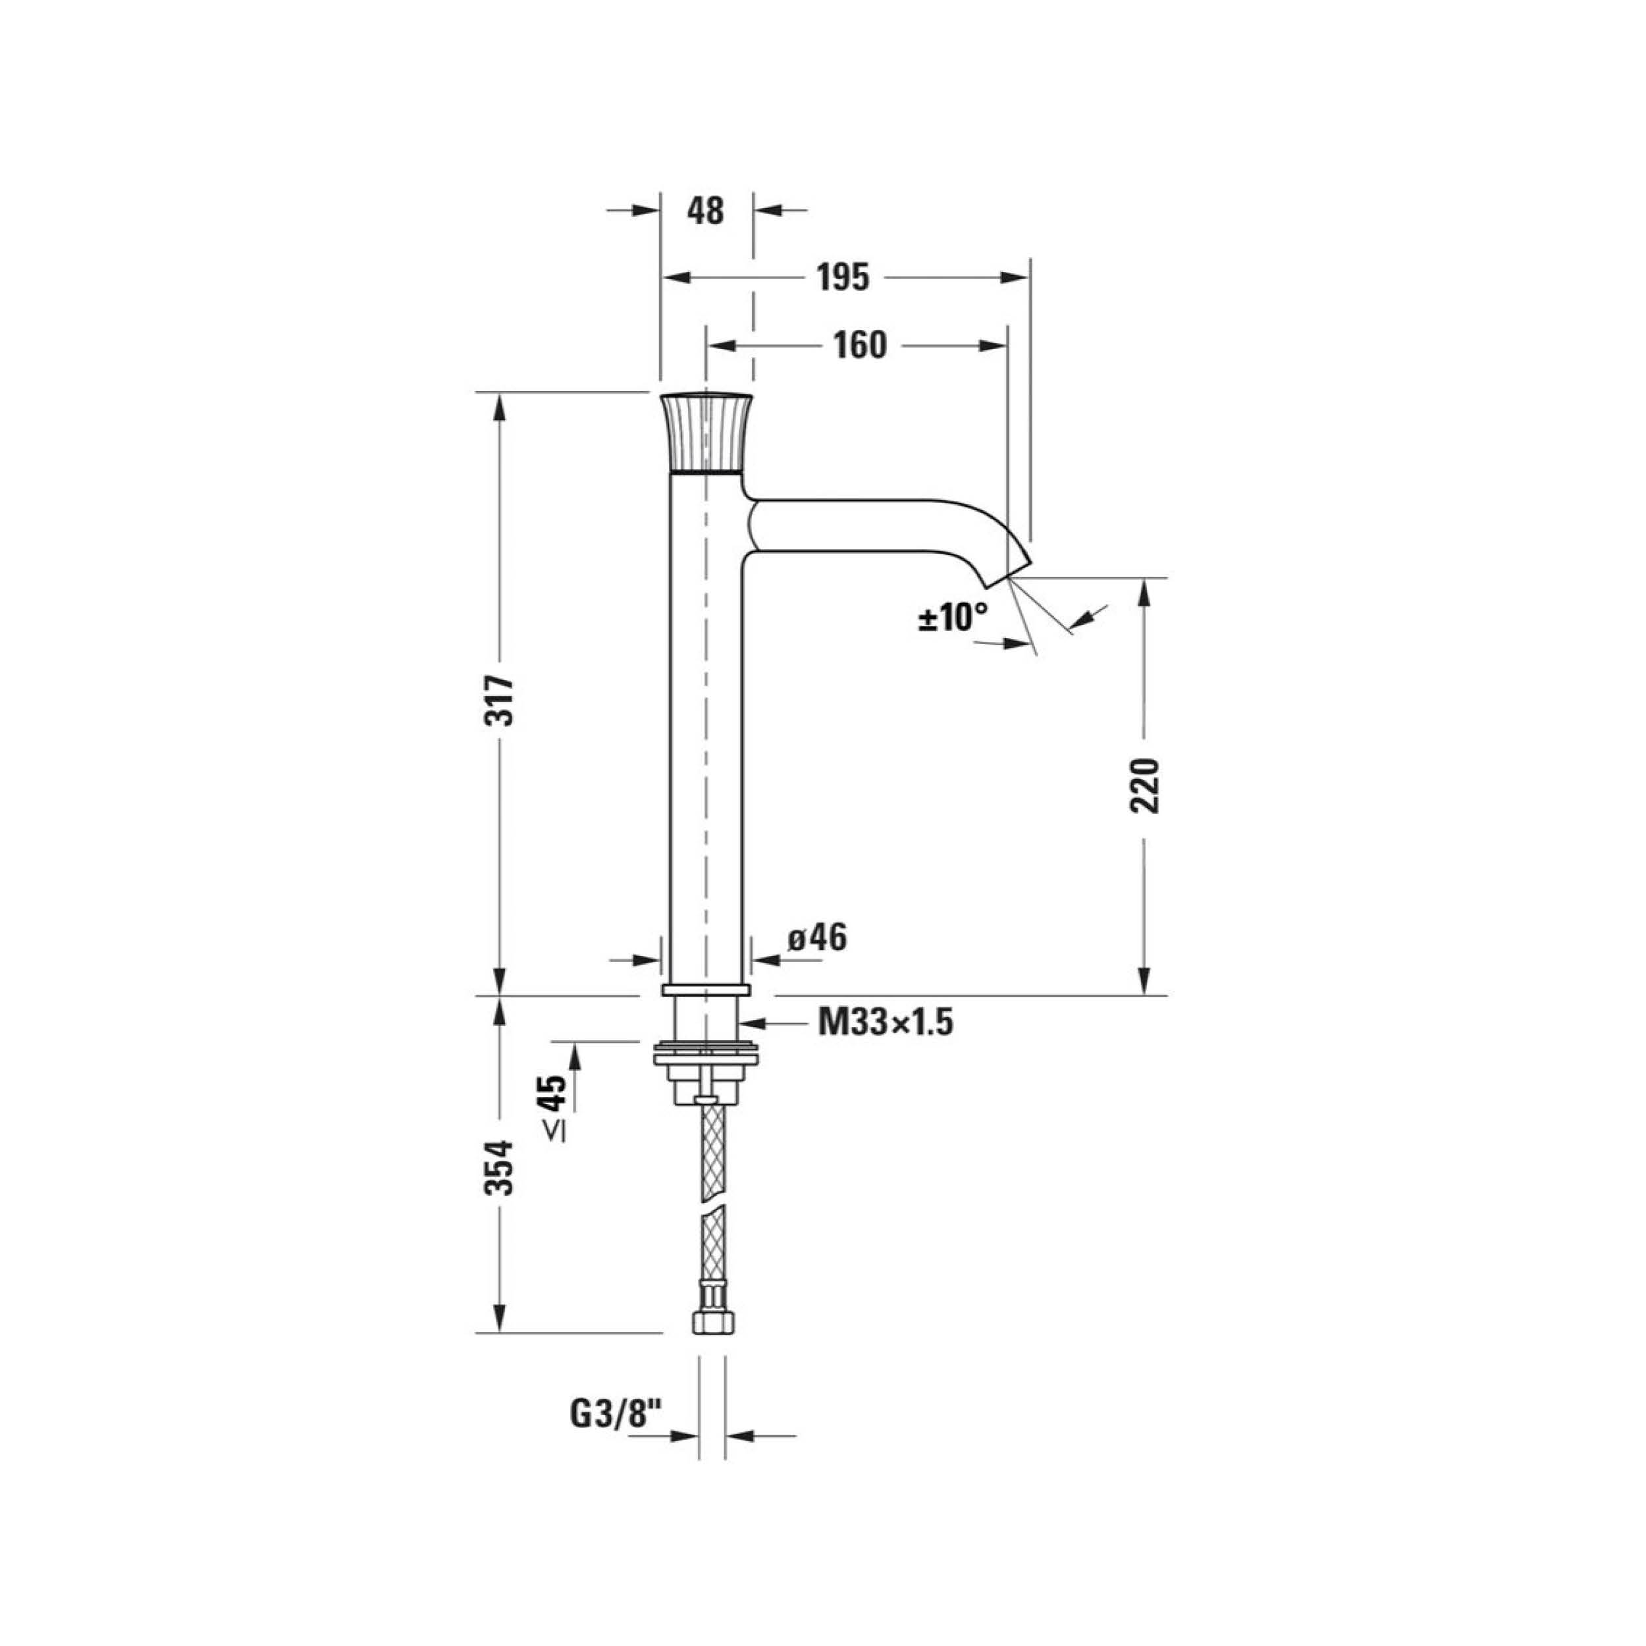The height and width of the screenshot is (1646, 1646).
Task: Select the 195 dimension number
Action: [843, 278]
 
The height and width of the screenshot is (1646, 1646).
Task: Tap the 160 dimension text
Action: [860, 345]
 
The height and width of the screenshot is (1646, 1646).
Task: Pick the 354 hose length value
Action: [500, 1167]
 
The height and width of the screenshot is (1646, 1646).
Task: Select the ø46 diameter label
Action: [817, 939]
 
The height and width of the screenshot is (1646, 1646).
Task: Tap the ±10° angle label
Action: [953, 617]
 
